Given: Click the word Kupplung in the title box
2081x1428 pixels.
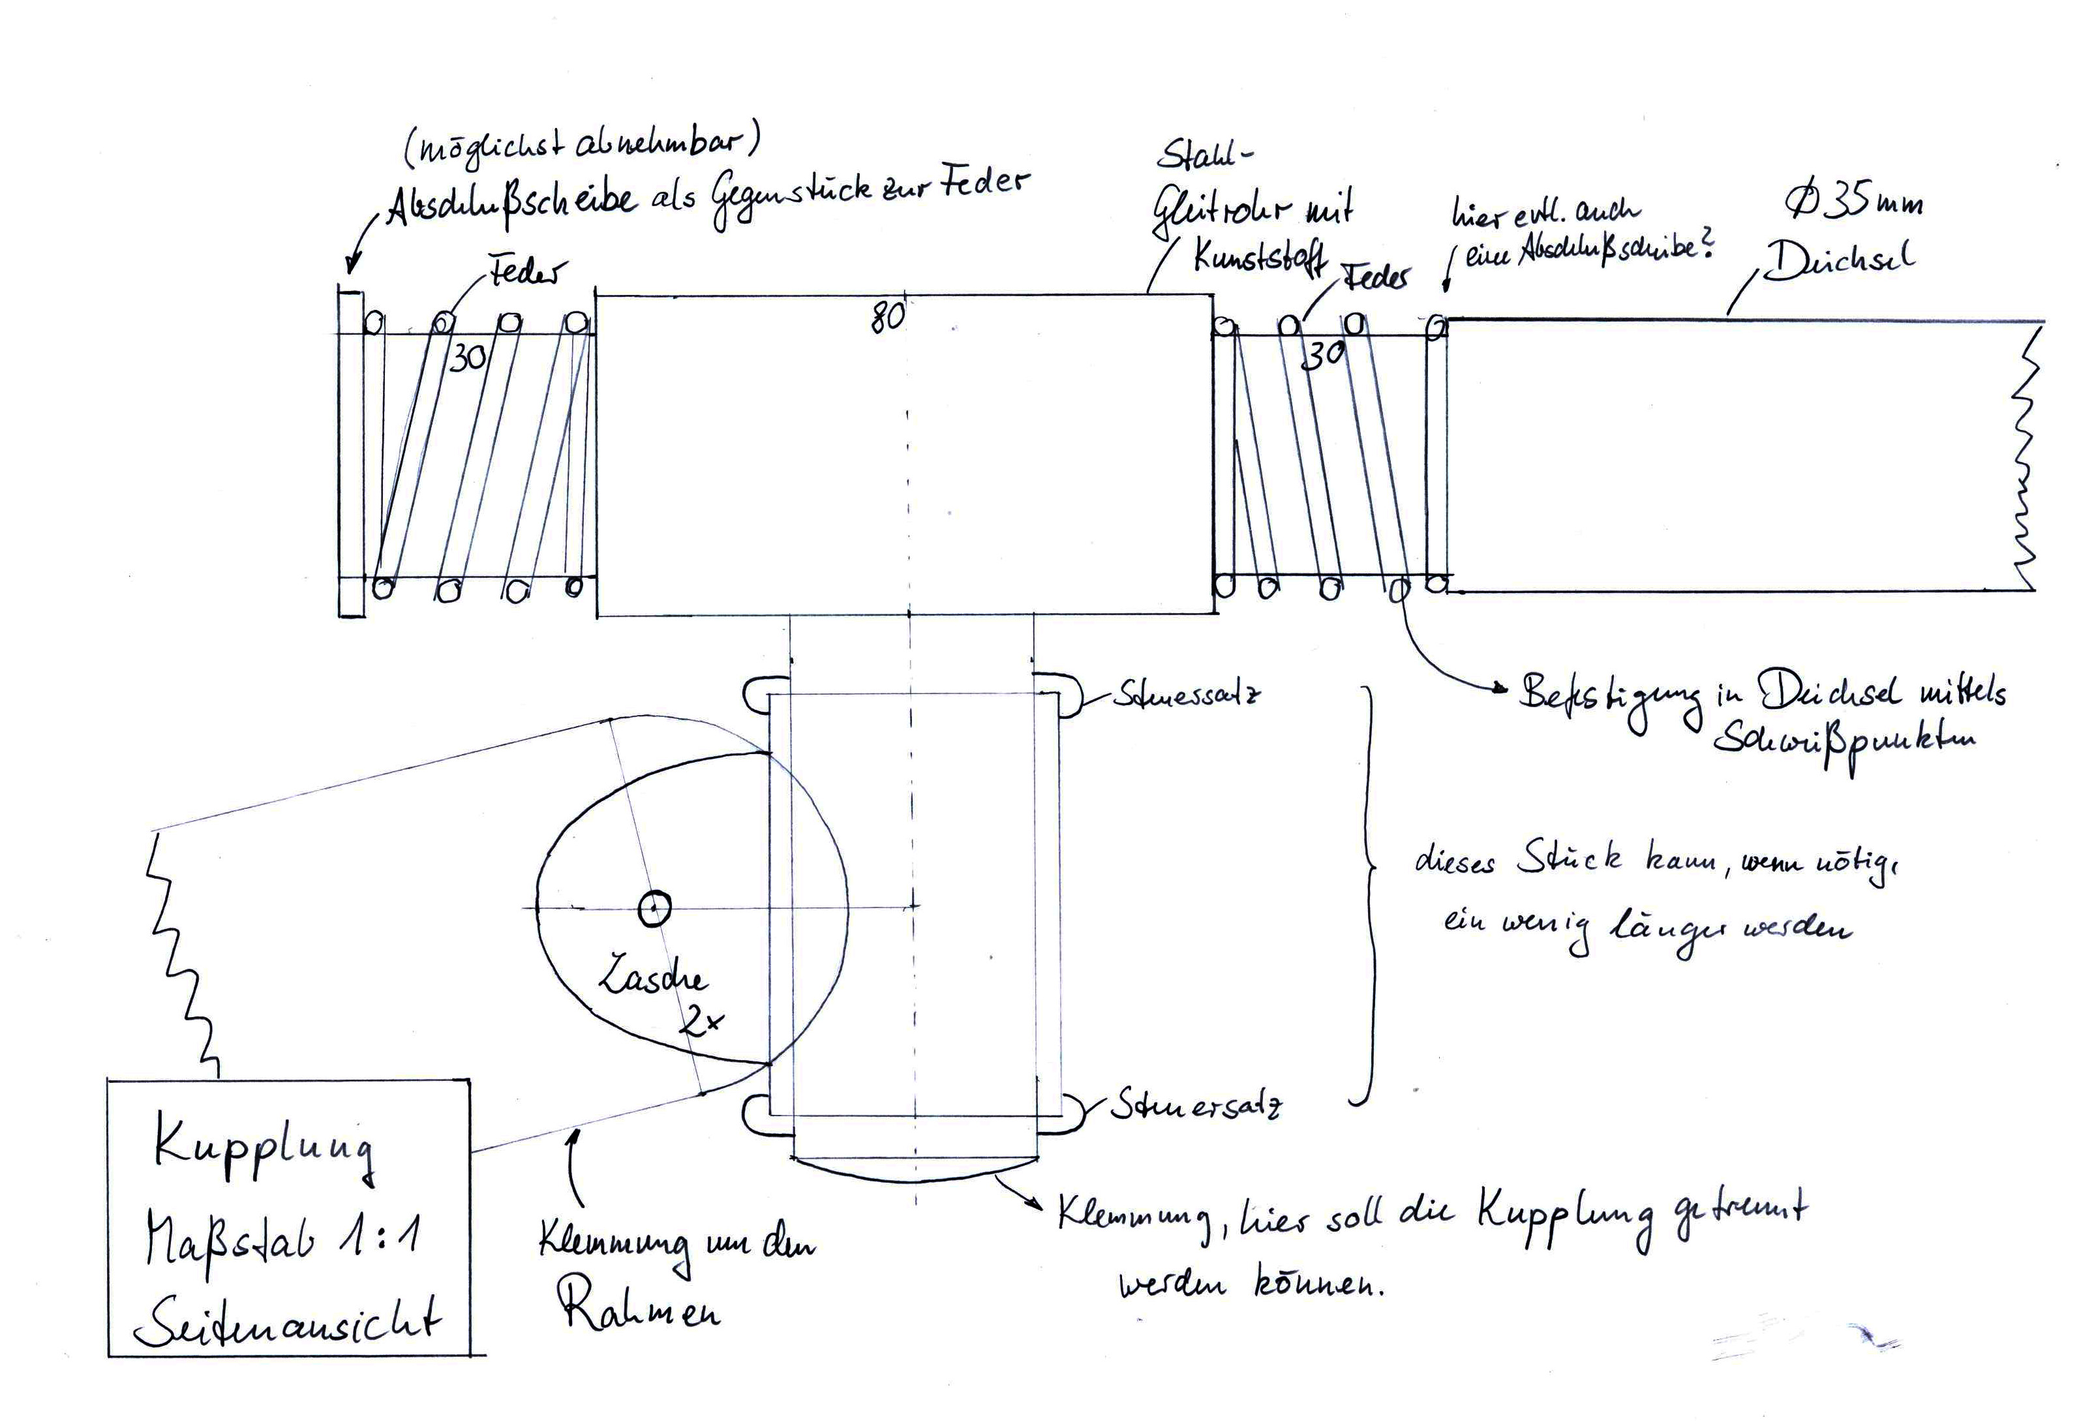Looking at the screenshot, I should (264, 1151).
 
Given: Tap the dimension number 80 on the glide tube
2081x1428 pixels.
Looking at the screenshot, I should (887, 317).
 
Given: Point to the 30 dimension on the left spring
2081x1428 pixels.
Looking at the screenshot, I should (468, 358).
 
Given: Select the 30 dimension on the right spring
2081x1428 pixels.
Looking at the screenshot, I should (1322, 356).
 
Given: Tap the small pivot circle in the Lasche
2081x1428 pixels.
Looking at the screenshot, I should (654, 909).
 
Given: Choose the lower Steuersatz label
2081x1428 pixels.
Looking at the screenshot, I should (1195, 1106).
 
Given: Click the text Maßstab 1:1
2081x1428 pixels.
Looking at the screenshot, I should (282, 1240).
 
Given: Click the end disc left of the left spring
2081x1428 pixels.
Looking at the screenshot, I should (351, 453).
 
